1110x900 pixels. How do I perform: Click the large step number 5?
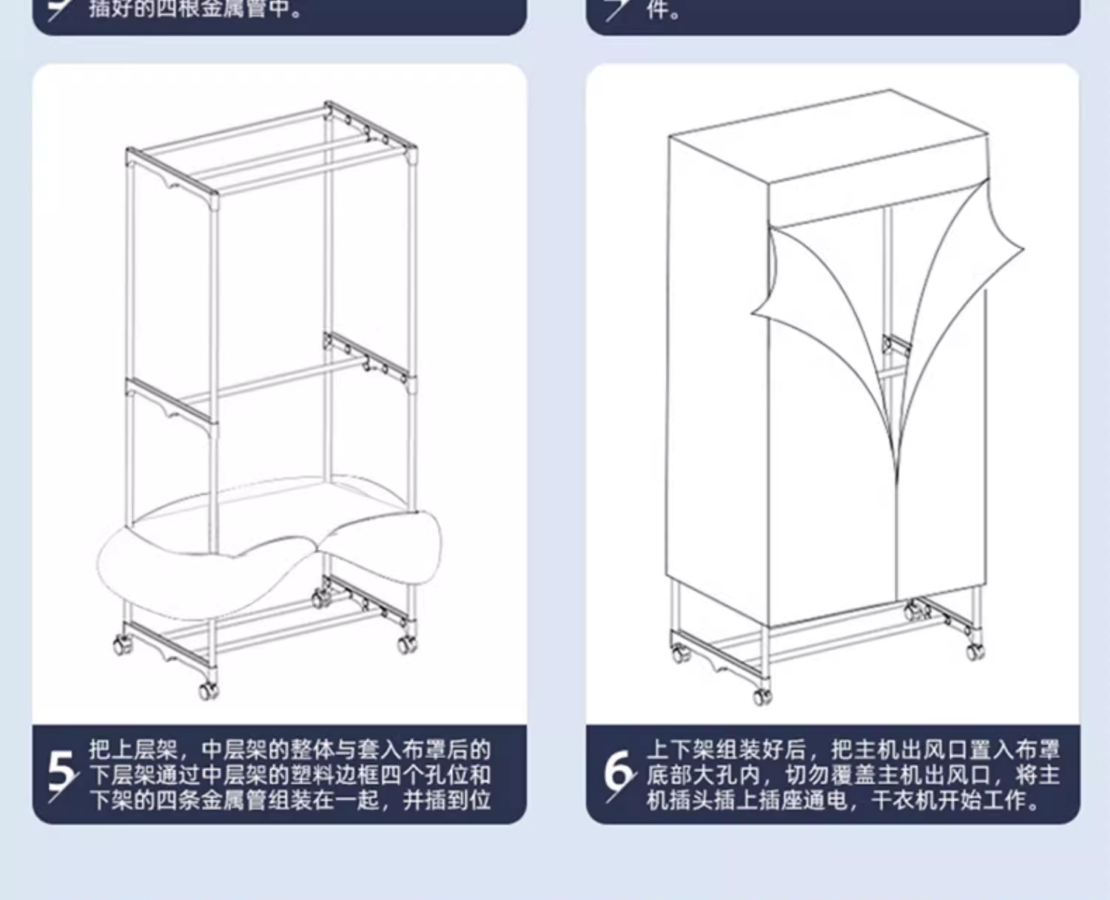tap(61, 773)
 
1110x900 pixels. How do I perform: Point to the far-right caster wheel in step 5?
tap(406, 644)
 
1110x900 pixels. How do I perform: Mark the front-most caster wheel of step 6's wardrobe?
tap(762, 696)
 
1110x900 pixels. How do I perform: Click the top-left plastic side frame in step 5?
tap(172, 174)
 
